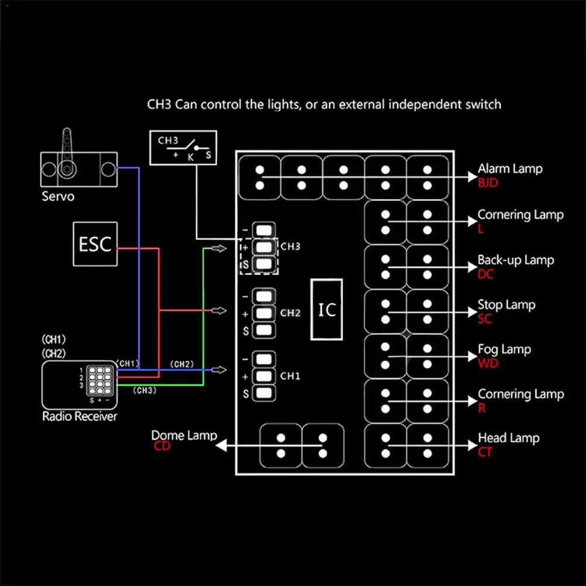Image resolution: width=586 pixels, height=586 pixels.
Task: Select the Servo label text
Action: pos(58,196)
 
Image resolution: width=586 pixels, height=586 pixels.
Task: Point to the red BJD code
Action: pos(488,183)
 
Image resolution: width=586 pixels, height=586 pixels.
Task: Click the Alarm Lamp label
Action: pos(510,169)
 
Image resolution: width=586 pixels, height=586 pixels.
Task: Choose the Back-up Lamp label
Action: pos(516,260)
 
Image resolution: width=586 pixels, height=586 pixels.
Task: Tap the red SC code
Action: pos(485,319)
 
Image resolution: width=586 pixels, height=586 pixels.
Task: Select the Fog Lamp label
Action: pos(505,349)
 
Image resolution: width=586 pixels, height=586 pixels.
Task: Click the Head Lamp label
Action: pos(509,438)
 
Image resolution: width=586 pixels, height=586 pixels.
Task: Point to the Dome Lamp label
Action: pos(184,435)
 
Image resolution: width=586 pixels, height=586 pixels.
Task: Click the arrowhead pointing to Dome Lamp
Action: pos(221,446)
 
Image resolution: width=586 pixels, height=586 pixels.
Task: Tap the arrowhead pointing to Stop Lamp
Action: pos(473,312)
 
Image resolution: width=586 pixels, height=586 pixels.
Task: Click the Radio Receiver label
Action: pos(80,416)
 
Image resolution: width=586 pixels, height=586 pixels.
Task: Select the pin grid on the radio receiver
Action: pos(100,381)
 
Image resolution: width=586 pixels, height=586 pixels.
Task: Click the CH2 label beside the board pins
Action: pos(290,313)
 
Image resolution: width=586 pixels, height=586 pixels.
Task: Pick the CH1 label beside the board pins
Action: pos(290,376)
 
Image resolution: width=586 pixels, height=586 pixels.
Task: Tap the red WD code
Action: pos(488,364)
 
